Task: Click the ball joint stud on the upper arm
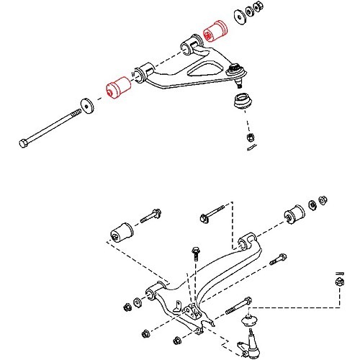pyautogui.click(x=235, y=71)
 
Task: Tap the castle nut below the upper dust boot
pyautogui.click(x=248, y=135)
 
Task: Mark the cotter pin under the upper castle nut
pyautogui.click(x=251, y=148)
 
